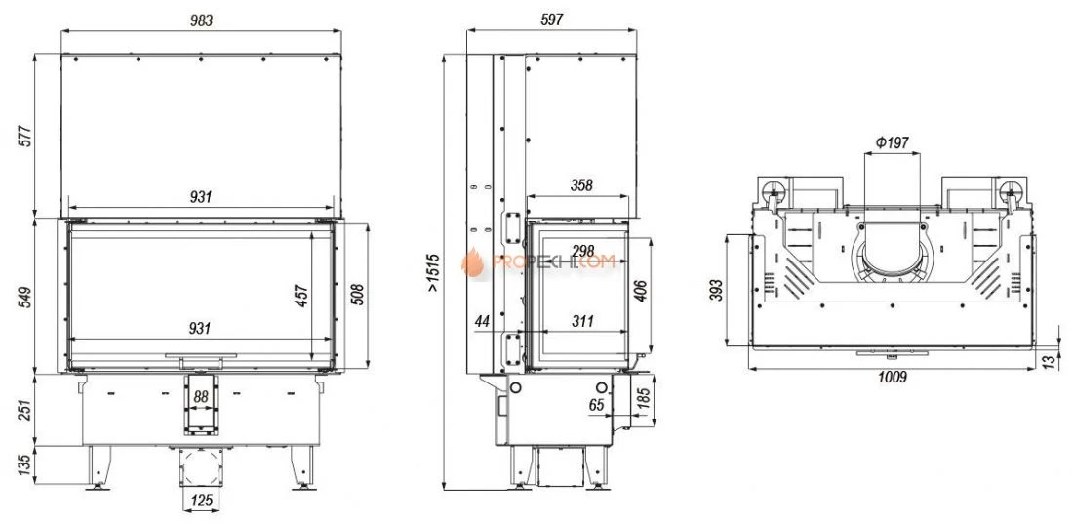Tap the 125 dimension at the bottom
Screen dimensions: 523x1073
(x=201, y=502)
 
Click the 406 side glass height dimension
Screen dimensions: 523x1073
(x=640, y=290)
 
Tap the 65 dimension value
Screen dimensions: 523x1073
(x=596, y=403)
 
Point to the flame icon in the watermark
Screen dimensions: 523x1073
(x=476, y=261)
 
